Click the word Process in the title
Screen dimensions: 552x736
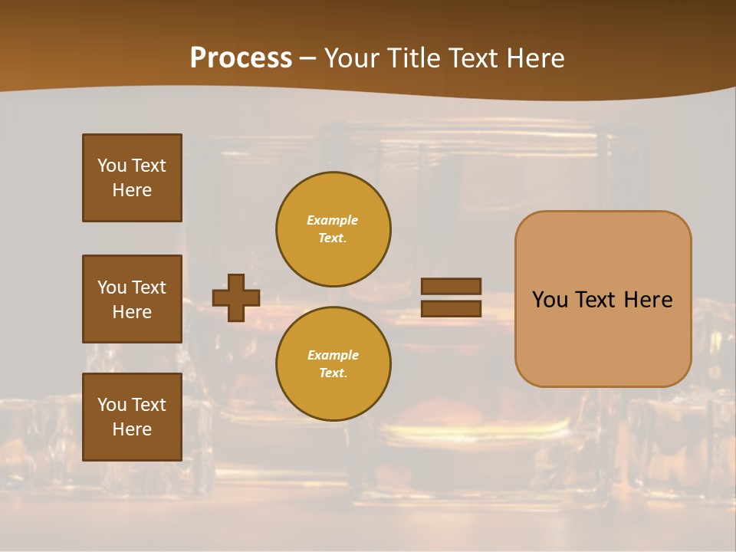pyautogui.click(x=241, y=58)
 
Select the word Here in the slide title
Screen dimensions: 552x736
pyautogui.click(x=535, y=58)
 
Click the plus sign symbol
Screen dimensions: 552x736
pyautogui.click(x=235, y=297)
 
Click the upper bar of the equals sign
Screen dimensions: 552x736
pyautogui.click(x=451, y=286)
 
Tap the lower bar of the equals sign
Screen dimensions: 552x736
pyautogui.click(x=451, y=308)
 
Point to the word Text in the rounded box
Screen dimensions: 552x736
pyautogui.click(x=596, y=300)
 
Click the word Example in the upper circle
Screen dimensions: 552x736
pyautogui.click(x=333, y=221)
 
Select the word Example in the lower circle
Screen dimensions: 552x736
pyautogui.click(x=333, y=356)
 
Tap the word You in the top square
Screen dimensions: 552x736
pyautogui.click(x=112, y=166)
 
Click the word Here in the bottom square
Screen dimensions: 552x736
pyautogui.click(x=132, y=429)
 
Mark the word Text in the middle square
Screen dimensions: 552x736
pyautogui.click(x=148, y=287)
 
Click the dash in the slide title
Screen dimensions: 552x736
pyautogui.click(x=307, y=59)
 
